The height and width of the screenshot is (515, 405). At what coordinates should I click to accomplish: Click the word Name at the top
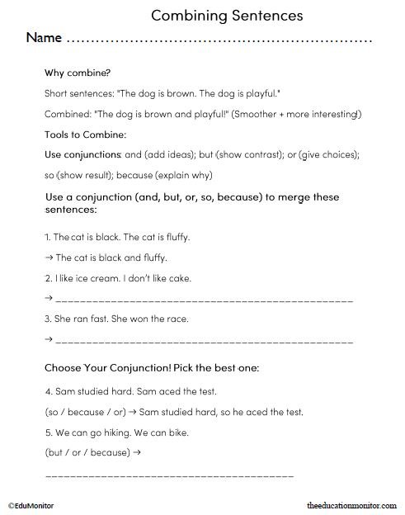tap(45, 38)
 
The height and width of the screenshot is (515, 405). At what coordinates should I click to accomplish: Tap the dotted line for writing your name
tap(219, 40)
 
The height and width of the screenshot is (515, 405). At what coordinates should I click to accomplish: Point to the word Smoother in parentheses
tap(258, 113)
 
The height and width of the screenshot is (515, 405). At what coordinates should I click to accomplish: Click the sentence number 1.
tap(47, 237)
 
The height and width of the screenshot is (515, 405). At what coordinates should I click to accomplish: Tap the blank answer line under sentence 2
tap(203, 300)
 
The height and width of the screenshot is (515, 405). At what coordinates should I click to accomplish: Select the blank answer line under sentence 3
tap(203, 341)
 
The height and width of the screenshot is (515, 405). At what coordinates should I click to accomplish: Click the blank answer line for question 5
tap(168, 477)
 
